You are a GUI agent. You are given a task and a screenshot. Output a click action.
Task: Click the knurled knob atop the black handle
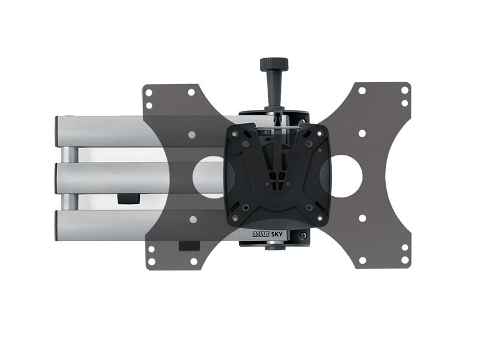[x=274, y=64]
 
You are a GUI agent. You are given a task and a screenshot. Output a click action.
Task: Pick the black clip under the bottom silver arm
[x=188, y=245]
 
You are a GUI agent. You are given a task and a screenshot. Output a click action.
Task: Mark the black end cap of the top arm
[x=59, y=131]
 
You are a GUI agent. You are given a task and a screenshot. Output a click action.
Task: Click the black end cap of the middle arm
[x=58, y=178]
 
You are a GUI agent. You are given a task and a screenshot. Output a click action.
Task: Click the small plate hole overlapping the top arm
[x=191, y=135]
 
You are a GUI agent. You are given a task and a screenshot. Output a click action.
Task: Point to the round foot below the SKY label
[x=275, y=245]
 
